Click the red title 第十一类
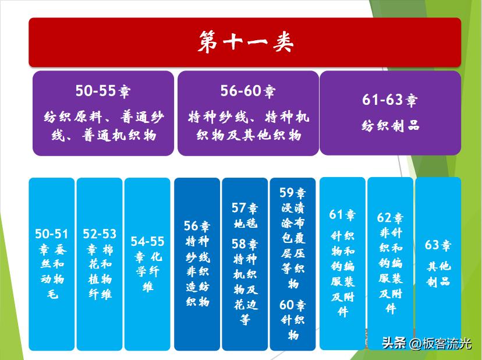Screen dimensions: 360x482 (x=244, y=42)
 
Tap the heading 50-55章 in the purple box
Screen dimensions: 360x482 (x=102, y=91)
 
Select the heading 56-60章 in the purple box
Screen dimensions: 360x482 (x=247, y=91)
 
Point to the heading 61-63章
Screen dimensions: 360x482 (x=389, y=100)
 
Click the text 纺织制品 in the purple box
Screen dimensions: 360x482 (x=389, y=126)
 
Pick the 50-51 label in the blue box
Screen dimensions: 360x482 (x=52, y=234)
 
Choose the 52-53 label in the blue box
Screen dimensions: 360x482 (x=100, y=234)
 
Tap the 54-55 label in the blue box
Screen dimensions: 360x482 (x=147, y=241)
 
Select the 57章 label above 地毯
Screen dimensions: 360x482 (x=244, y=208)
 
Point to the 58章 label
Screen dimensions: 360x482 (x=244, y=244)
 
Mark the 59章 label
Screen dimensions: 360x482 (x=292, y=193)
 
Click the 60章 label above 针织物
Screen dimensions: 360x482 (x=292, y=305)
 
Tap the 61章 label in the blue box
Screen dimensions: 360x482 (x=342, y=214)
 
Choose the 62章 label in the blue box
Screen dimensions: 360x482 (x=390, y=218)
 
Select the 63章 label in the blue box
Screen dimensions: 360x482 (x=438, y=245)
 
